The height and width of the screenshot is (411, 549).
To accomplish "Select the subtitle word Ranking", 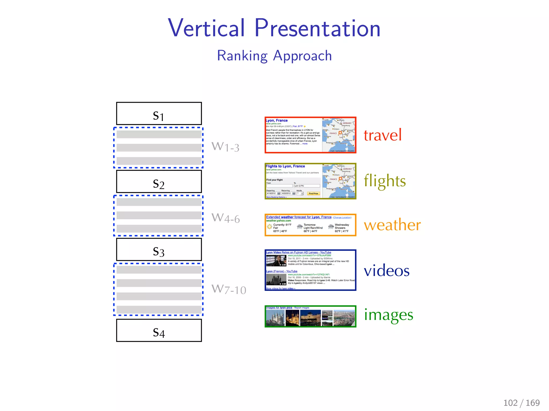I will pyautogui.click(x=242, y=56).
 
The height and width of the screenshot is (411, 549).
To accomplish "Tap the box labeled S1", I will pyautogui.click(x=159, y=113).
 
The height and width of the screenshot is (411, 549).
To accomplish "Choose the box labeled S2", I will pyautogui.click(x=159, y=182).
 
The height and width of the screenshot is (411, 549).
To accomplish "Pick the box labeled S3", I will pyautogui.click(x=159, y=250).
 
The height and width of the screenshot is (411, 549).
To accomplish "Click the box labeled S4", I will pyautogui.click(x=159, y=330).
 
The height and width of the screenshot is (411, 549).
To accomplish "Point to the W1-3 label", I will pyautogui.click(x=225, y=147).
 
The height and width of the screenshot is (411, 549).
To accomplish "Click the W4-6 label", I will pyautogui.click(x=225, y=218).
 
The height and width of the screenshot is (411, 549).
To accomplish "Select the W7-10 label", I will pyautogui.click(x=228, y=289).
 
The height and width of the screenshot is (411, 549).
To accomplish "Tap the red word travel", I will pyautogui.click(x=383, y=135).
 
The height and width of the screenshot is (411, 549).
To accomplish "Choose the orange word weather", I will pyautogui.click(x=392, y=225).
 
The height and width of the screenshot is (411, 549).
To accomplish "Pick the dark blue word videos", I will pyautogui.click(x=387, y=271).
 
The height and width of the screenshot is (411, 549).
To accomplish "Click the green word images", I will pyautogui.click(x=388, y=315).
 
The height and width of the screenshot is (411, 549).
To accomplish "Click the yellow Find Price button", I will pyautogui.click(x=313, y=193).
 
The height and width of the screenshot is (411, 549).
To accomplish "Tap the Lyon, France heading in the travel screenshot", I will pyautogui.click(x=277, y=120).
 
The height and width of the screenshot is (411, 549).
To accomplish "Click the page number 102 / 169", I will pyautogui.click(x=521, y=403).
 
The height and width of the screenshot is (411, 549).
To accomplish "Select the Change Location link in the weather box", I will pyautogui.click(x=342, y=218).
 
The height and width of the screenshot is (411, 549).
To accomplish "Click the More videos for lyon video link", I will pyautogui.click(x=281, y=288).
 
